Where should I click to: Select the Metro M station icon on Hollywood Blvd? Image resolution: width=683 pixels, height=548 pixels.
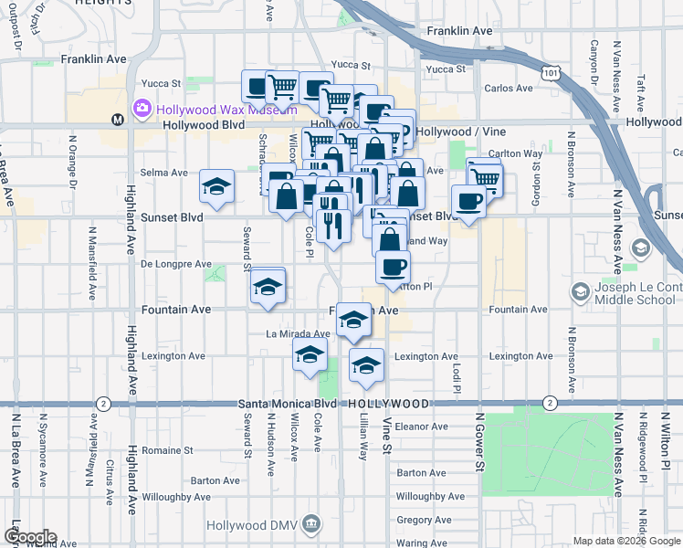[x=117, y=120]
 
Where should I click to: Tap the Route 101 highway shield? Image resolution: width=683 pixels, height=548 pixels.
[x=549, y=71]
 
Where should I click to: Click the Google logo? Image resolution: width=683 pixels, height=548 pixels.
[x=29, y=537]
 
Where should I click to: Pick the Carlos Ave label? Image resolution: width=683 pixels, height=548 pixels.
[x=508, y=89]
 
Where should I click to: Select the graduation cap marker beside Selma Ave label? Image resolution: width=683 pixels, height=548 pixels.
[x=216, y=187]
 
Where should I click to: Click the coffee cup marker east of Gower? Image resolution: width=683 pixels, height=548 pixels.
[x=468, y=201]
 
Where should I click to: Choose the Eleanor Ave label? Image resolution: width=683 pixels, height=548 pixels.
[x=421, y=427]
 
